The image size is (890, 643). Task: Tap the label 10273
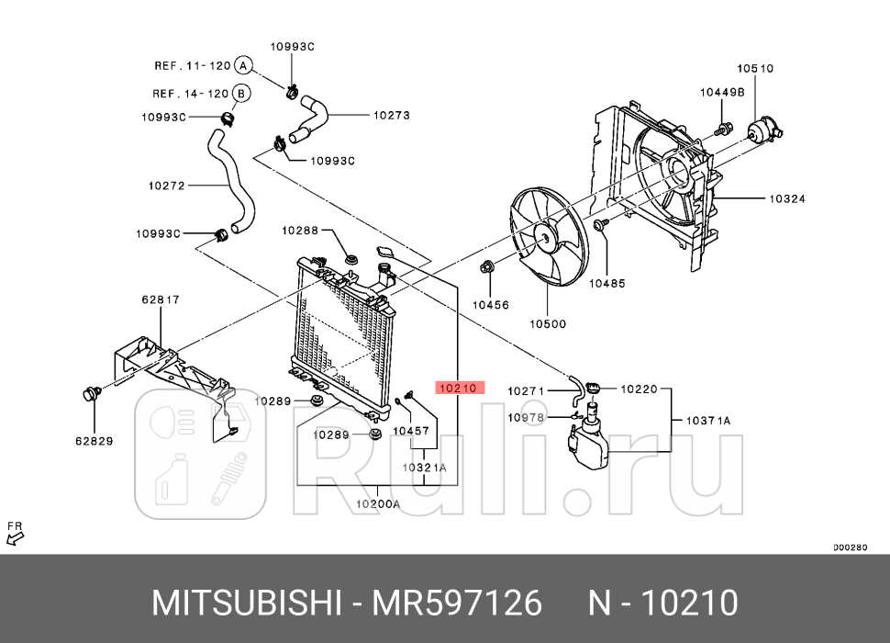[x=391, y=116]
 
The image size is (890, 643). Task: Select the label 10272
[x=166, y=186]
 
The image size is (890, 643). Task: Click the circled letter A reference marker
[x=242, y=65]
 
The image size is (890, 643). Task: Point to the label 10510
[x=755, y=68]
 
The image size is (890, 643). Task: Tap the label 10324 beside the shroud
[x=787, y=197]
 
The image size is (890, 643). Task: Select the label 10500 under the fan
[x=547, y=323]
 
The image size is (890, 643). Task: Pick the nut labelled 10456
[x=487, y=268]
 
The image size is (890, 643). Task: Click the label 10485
[x=606, y=284]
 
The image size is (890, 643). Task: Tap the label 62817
[x=161, y=299]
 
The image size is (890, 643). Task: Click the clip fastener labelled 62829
[x=90, y=395]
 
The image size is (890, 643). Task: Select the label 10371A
[x=708, y=421]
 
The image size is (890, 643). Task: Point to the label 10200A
[x=378, y=504]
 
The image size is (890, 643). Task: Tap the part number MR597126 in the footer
[x=456, y=604]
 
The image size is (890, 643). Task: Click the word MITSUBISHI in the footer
[x=246, y=604]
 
